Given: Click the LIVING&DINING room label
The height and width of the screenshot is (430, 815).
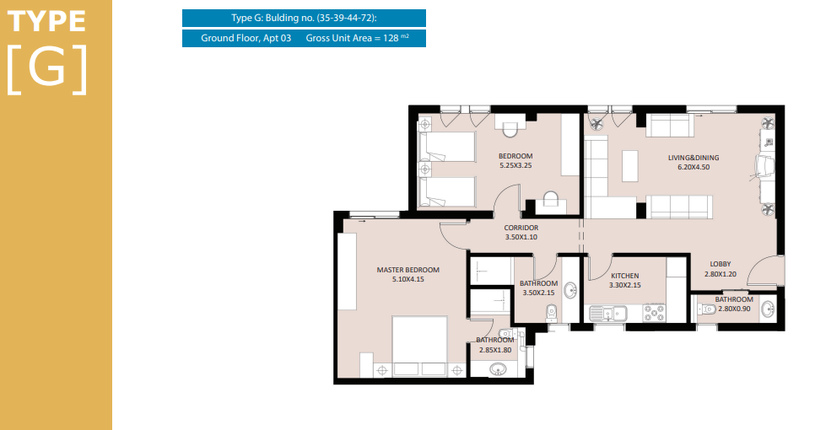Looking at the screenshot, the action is pos(694,158).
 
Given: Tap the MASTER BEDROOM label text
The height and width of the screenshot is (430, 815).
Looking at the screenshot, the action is pos(408,270).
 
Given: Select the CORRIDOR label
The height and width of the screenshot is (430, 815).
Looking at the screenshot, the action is pos(521,228).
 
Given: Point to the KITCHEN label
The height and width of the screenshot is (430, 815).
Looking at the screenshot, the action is pos(625,276).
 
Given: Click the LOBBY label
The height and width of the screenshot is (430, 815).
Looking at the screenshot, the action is pos(721,264).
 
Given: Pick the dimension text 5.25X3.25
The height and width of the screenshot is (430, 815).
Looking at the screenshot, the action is pos(515,165).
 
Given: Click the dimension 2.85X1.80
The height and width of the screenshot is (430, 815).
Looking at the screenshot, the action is pos(495,350).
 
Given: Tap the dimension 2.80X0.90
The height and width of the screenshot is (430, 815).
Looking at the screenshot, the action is pos(735,309).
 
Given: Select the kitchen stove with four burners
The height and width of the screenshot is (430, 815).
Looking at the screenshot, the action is pos(655,313).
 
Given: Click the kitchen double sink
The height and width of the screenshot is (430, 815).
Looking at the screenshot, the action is pos(608,313).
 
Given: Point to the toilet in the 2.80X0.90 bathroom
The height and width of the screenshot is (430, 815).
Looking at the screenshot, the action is pos(706,309).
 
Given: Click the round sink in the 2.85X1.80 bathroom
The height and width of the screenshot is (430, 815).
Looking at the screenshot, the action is pos(498,369).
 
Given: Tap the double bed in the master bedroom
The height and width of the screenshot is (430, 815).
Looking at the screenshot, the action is pos(419,346).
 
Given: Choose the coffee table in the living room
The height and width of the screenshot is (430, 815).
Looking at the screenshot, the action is pos(630,165).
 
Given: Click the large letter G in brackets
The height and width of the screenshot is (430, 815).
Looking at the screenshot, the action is pos(46,69).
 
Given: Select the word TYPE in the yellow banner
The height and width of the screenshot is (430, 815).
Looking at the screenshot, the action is pos(46,22).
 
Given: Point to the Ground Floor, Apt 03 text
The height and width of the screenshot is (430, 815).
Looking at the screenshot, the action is pos(246,38).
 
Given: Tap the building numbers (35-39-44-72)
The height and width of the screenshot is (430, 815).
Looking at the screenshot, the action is pos(346,19).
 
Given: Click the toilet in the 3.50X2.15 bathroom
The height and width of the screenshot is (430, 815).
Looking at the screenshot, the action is pos(552,313).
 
